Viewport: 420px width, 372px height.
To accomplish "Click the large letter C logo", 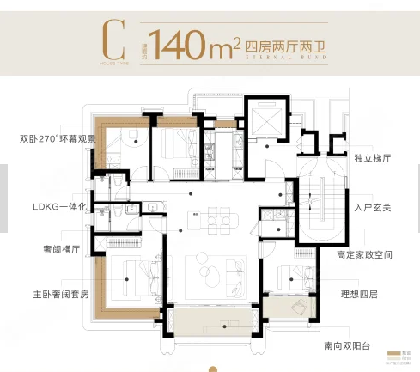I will click(110, 38).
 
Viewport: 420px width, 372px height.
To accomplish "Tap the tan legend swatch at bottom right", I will click(394, 352).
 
